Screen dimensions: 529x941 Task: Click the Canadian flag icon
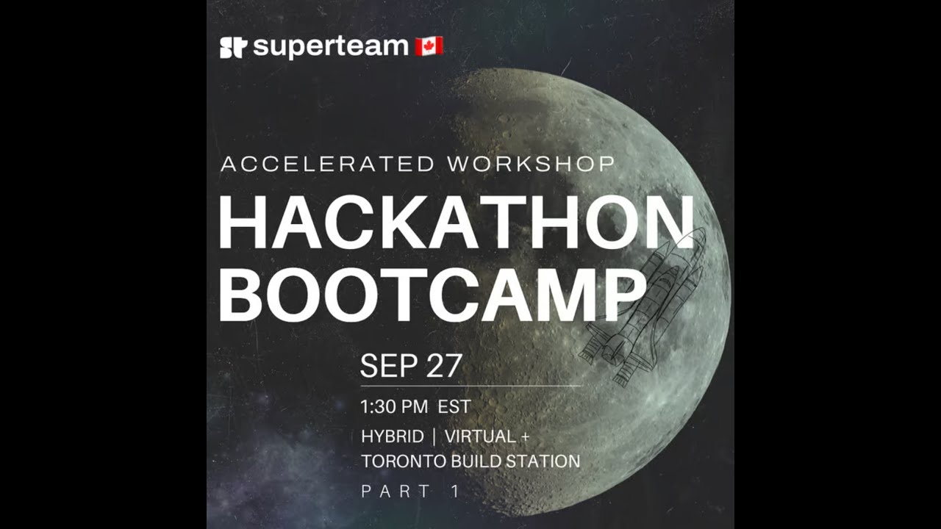click(429, 46)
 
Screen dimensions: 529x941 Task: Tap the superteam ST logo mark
click(232, 48)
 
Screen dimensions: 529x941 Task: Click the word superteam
click(330, 47)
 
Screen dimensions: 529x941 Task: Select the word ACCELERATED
click(327, 164)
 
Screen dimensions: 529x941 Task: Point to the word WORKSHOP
click(530, 164)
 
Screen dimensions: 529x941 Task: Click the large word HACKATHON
click(456, 225)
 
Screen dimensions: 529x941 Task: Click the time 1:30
click(382, 406)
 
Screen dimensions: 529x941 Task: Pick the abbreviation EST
click(454, 406)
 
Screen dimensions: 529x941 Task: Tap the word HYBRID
click(393, 436)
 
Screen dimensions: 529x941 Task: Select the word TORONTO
click(403, 461)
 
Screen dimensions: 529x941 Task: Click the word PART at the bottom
click(396, 492)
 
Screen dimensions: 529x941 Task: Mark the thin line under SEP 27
click(470, 385)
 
